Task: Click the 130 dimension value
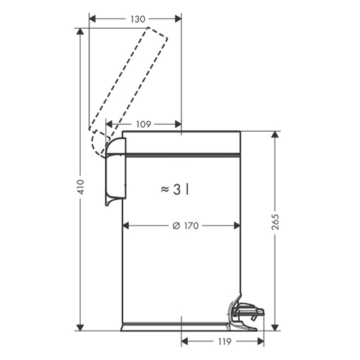pos(138,19)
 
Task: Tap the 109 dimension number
pos(143,125)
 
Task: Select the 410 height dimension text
pos(81,186)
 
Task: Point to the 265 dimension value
pos(275,222)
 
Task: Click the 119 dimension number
pos(224,341)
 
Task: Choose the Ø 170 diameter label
pos(186,226)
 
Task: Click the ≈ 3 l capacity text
pos(175,189)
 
